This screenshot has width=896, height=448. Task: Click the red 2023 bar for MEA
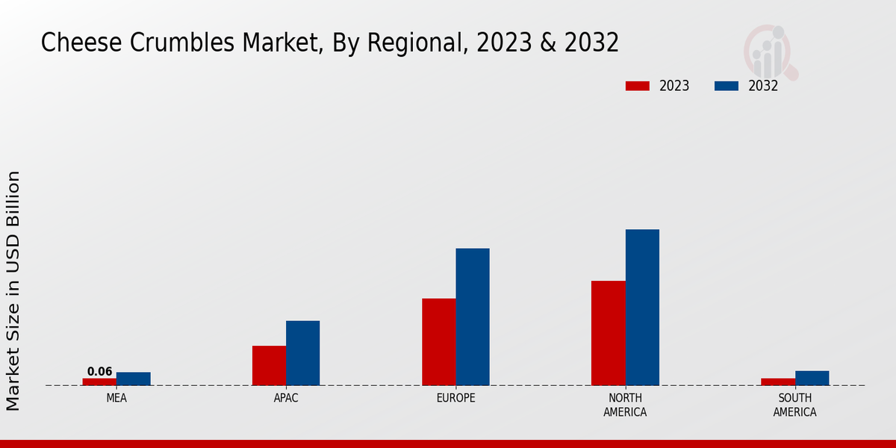pyautogui.click(x=99, y=382)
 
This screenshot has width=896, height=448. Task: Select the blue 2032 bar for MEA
pyautogui.click(x=134, y=379)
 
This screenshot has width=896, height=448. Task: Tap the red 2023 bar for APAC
pyautogui.click(x=269, y=365)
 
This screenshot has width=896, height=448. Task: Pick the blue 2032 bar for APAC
pyautogui.click(x=303, y=352)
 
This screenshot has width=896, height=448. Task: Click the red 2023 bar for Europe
pyautogui.click(x=439, y=341)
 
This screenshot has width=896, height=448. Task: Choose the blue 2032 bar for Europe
pyautogui.click(x=473, y=317)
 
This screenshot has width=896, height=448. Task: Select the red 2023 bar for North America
pyautogui.click(x=609, y=332)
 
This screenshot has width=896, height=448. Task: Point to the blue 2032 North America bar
pyautogui.click(x=642, y=307)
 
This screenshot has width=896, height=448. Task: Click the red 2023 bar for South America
pyautogui.click(x=778, y=382)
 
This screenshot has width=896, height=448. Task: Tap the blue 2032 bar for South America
pyautogui.click(x=812, y=378)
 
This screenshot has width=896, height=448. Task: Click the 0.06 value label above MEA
pyautogui.click(x=99, y=372)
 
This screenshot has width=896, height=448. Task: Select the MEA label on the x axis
pyautogui.click(x=116, y=399)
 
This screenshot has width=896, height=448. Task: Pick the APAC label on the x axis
pyautogui.click(x=286, y=399)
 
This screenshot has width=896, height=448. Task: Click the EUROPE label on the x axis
pyautogui.click(x=455, y=399)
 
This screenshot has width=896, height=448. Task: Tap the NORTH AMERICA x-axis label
pyautogui.click(x=626, y=405)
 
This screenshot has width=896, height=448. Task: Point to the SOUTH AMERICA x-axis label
pyautogui.click(x=795, y=405)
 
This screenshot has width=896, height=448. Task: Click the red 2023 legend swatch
pyautogui.click(x=638, y=86)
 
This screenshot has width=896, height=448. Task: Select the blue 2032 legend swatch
pyautogui.click(x=727, y=86)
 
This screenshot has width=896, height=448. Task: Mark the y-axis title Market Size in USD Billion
pyautogui.click(x=13, y=291)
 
